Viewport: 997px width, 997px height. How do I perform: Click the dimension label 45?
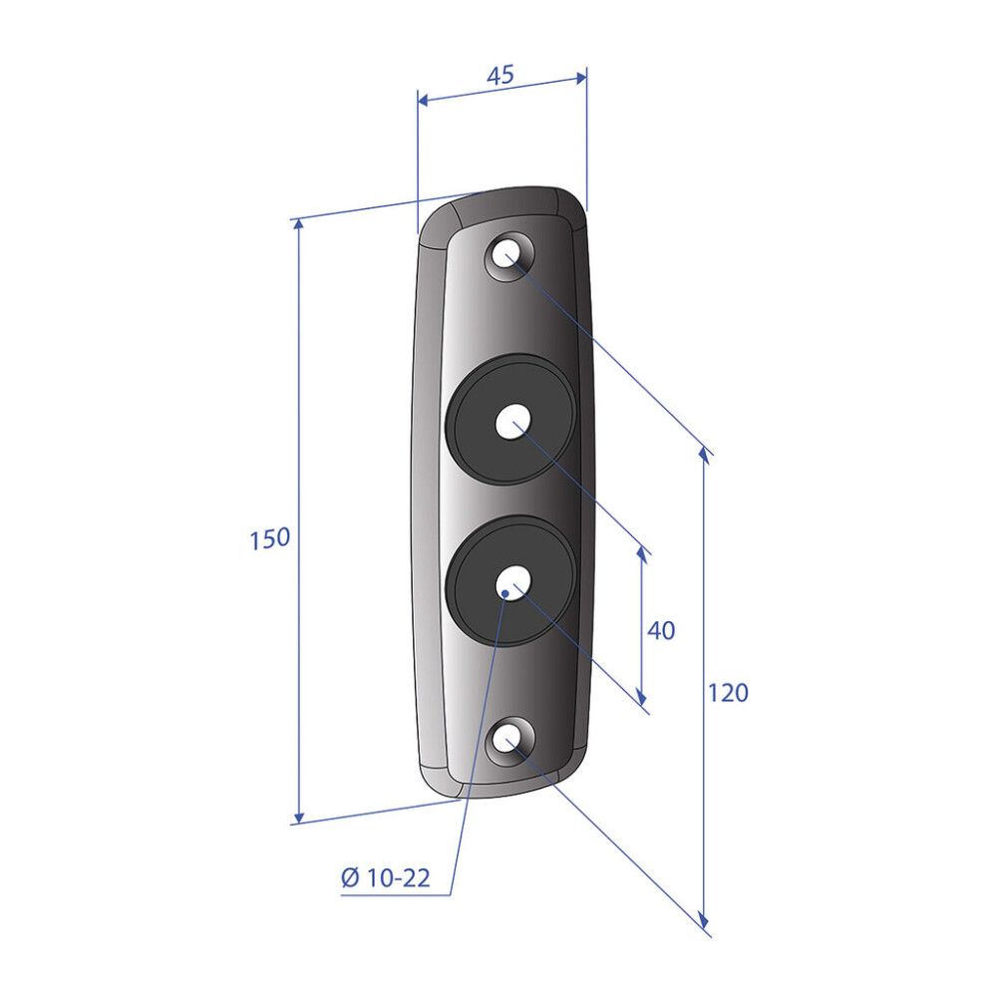click(499, 75)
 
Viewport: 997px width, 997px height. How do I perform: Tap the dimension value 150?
click(269, 539)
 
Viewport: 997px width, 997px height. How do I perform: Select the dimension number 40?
click(661, 631)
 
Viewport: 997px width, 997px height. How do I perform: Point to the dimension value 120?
click(728, 693)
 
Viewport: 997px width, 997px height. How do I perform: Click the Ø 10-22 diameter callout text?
click(386, 878)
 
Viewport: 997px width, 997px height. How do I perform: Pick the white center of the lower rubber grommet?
click(513, 581)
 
